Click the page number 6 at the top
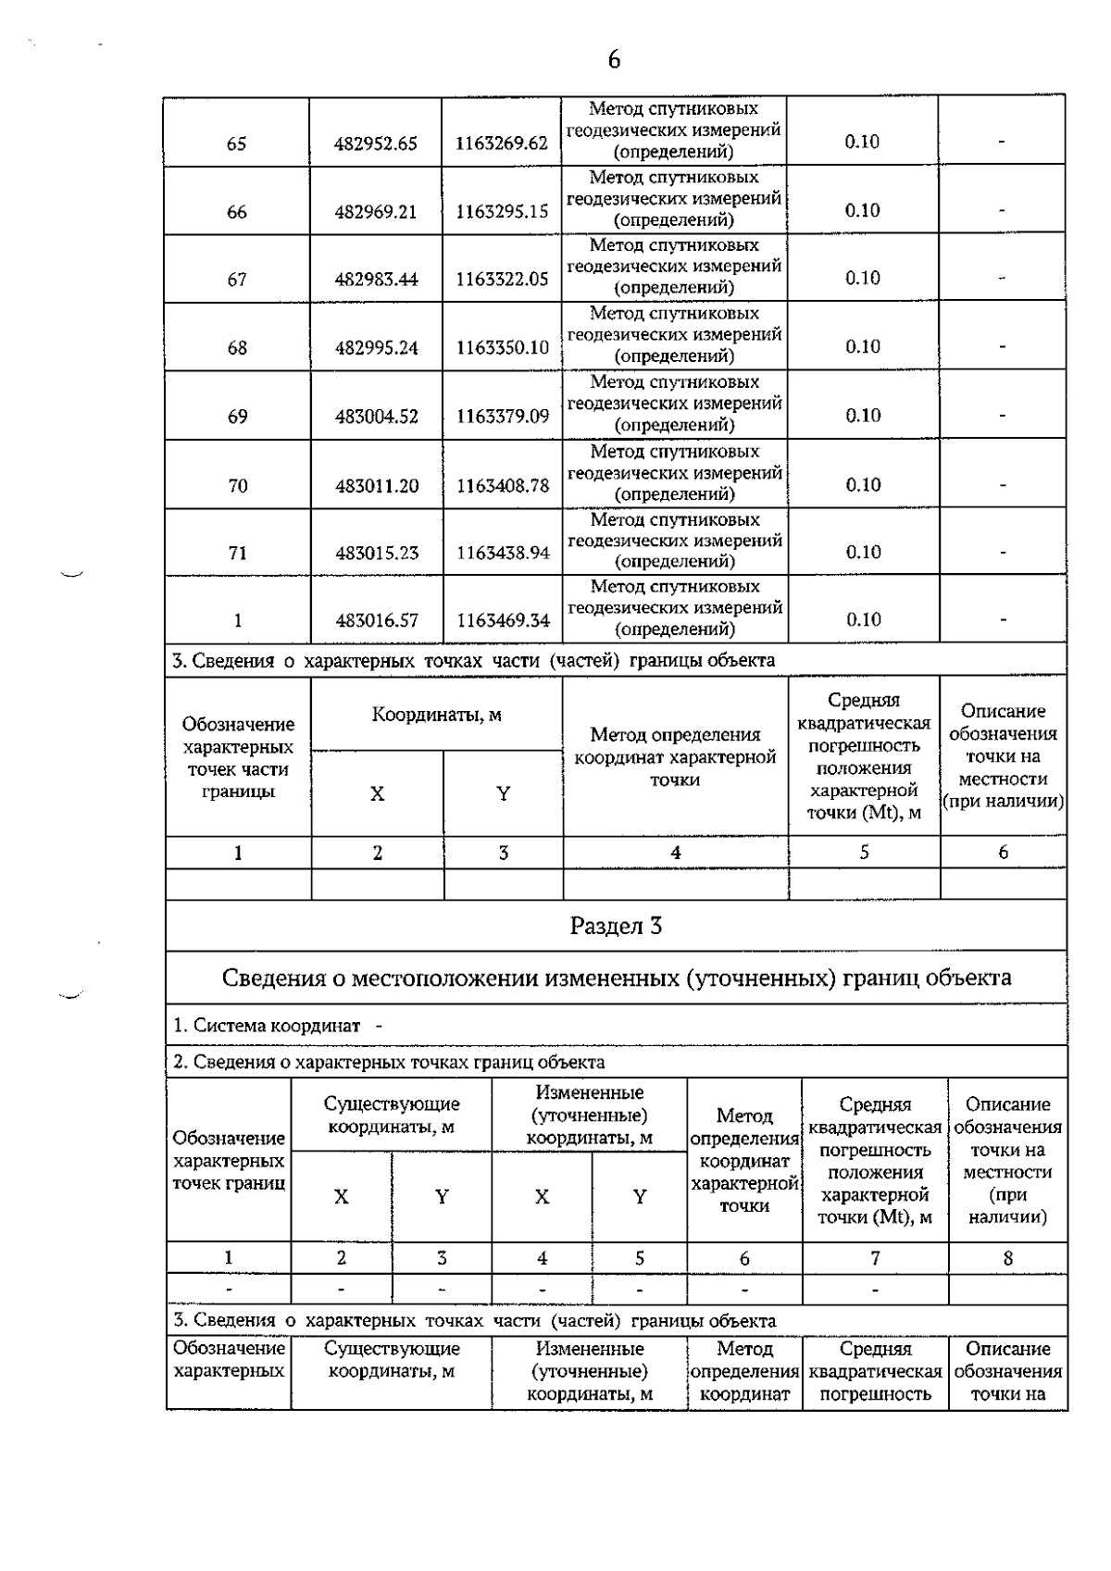614,60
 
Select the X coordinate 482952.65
376,143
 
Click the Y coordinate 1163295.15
502,212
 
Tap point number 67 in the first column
237,280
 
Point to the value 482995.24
376,348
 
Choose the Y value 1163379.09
502,417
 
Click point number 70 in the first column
237,485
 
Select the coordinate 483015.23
376,553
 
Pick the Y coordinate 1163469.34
502,620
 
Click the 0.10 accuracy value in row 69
862,416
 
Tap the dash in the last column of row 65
1002,143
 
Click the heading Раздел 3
616,926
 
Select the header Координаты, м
436,716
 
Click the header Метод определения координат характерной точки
675,756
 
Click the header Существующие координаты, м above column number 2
392,1115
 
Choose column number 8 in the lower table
1007,1258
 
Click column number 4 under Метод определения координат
675,853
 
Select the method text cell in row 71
675,541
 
